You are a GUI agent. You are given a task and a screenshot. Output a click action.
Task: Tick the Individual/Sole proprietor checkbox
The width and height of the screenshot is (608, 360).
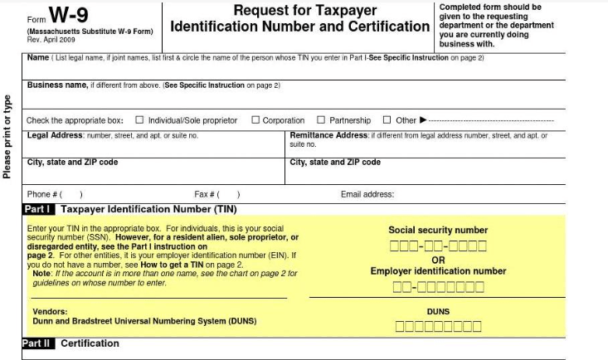pos(139,120)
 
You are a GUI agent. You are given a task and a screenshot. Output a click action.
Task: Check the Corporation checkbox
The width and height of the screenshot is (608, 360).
pos(255,120)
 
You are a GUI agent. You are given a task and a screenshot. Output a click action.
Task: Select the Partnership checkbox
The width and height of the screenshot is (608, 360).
pos(322,120)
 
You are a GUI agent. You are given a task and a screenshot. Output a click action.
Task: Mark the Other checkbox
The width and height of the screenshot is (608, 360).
pos(387,120)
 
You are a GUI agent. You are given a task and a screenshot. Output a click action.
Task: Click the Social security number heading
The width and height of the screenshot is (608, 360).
pos(438,230)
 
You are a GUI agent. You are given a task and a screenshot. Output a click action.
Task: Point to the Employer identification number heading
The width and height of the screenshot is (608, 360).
pos(438,271)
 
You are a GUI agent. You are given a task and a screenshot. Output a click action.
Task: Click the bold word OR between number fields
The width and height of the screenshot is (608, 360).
pos(438,260)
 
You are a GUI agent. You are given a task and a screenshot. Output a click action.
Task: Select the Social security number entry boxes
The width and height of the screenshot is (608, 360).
pos(438,246)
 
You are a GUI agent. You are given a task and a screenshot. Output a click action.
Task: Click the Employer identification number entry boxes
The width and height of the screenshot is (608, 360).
pos(438,287)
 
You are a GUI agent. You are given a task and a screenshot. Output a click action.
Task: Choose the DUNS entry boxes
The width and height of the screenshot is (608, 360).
pos(438,326)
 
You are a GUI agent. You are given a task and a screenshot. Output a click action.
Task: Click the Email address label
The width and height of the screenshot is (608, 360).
pos(367,195)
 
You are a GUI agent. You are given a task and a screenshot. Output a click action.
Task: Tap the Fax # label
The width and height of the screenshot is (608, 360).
pos(206,195)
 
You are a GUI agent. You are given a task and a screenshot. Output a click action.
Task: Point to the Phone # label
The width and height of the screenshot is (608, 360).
pos(44,195)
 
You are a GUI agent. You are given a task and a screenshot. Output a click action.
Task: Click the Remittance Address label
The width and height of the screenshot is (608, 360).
pos(328,134)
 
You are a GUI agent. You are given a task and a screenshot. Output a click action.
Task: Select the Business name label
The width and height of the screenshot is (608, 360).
pos(56,85)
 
